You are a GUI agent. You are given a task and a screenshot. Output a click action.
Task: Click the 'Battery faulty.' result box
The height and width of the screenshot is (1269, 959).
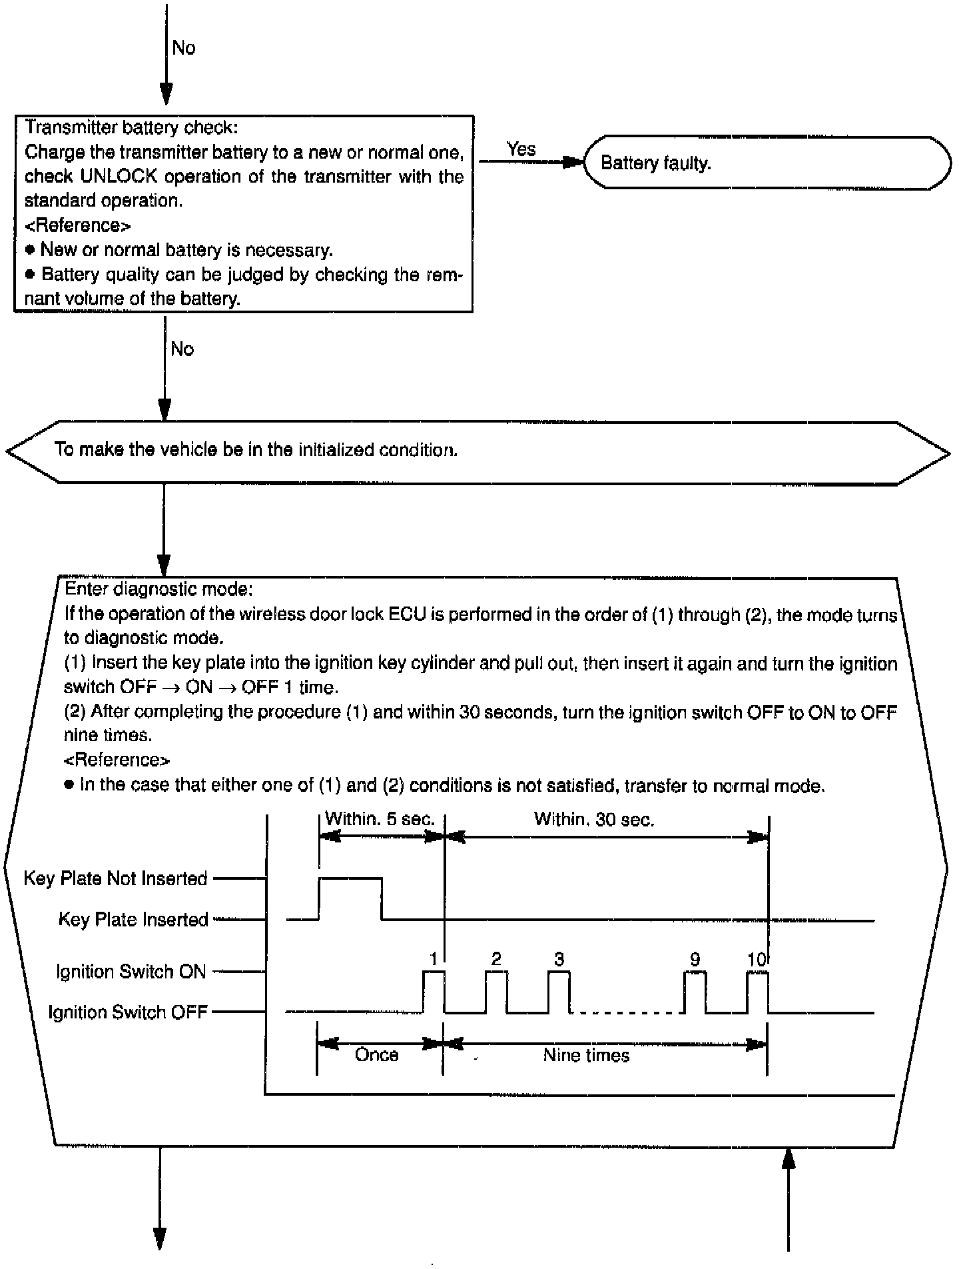point(766,163)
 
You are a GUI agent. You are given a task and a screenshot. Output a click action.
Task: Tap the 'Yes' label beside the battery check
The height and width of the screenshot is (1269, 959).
point(521,149)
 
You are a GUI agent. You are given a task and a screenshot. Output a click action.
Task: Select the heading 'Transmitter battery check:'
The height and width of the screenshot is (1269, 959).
point(131,127)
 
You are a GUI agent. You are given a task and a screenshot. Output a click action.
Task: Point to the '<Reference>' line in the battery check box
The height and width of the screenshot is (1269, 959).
point(77,225)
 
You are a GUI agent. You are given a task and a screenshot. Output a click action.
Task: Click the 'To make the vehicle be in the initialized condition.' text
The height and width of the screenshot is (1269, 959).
point(256,450)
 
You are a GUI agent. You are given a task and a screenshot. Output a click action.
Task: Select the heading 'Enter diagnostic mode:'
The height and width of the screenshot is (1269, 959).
point(159,589)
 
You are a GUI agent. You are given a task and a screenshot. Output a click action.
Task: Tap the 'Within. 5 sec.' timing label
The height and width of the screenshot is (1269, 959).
point(380,819)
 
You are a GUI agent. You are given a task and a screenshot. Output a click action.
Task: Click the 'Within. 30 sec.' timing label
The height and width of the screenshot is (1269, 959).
point(594,819)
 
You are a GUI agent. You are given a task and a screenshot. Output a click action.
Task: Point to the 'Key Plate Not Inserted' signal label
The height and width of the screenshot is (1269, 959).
point(115,878)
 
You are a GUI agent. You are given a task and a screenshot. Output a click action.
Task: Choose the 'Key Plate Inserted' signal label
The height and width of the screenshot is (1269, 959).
point(133,920)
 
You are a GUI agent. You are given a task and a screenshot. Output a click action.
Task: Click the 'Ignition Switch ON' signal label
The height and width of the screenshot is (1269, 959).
point(131,972)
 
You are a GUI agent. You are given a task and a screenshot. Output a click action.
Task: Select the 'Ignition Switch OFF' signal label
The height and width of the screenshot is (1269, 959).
point(128,1012)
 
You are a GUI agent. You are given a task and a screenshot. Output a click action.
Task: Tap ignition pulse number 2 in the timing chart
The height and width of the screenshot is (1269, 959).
point(496,959)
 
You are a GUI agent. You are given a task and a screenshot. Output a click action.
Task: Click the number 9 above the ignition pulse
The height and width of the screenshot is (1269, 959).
point(695,959)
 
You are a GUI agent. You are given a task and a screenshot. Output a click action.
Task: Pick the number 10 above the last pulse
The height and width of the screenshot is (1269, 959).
point(756,959)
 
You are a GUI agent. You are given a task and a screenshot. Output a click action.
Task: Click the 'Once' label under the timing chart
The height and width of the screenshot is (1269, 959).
point(377,1055)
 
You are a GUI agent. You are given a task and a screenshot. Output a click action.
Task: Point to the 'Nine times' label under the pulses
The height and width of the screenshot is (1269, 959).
point(586,1055)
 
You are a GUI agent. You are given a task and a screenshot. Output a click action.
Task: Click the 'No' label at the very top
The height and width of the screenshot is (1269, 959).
point(183,48)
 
